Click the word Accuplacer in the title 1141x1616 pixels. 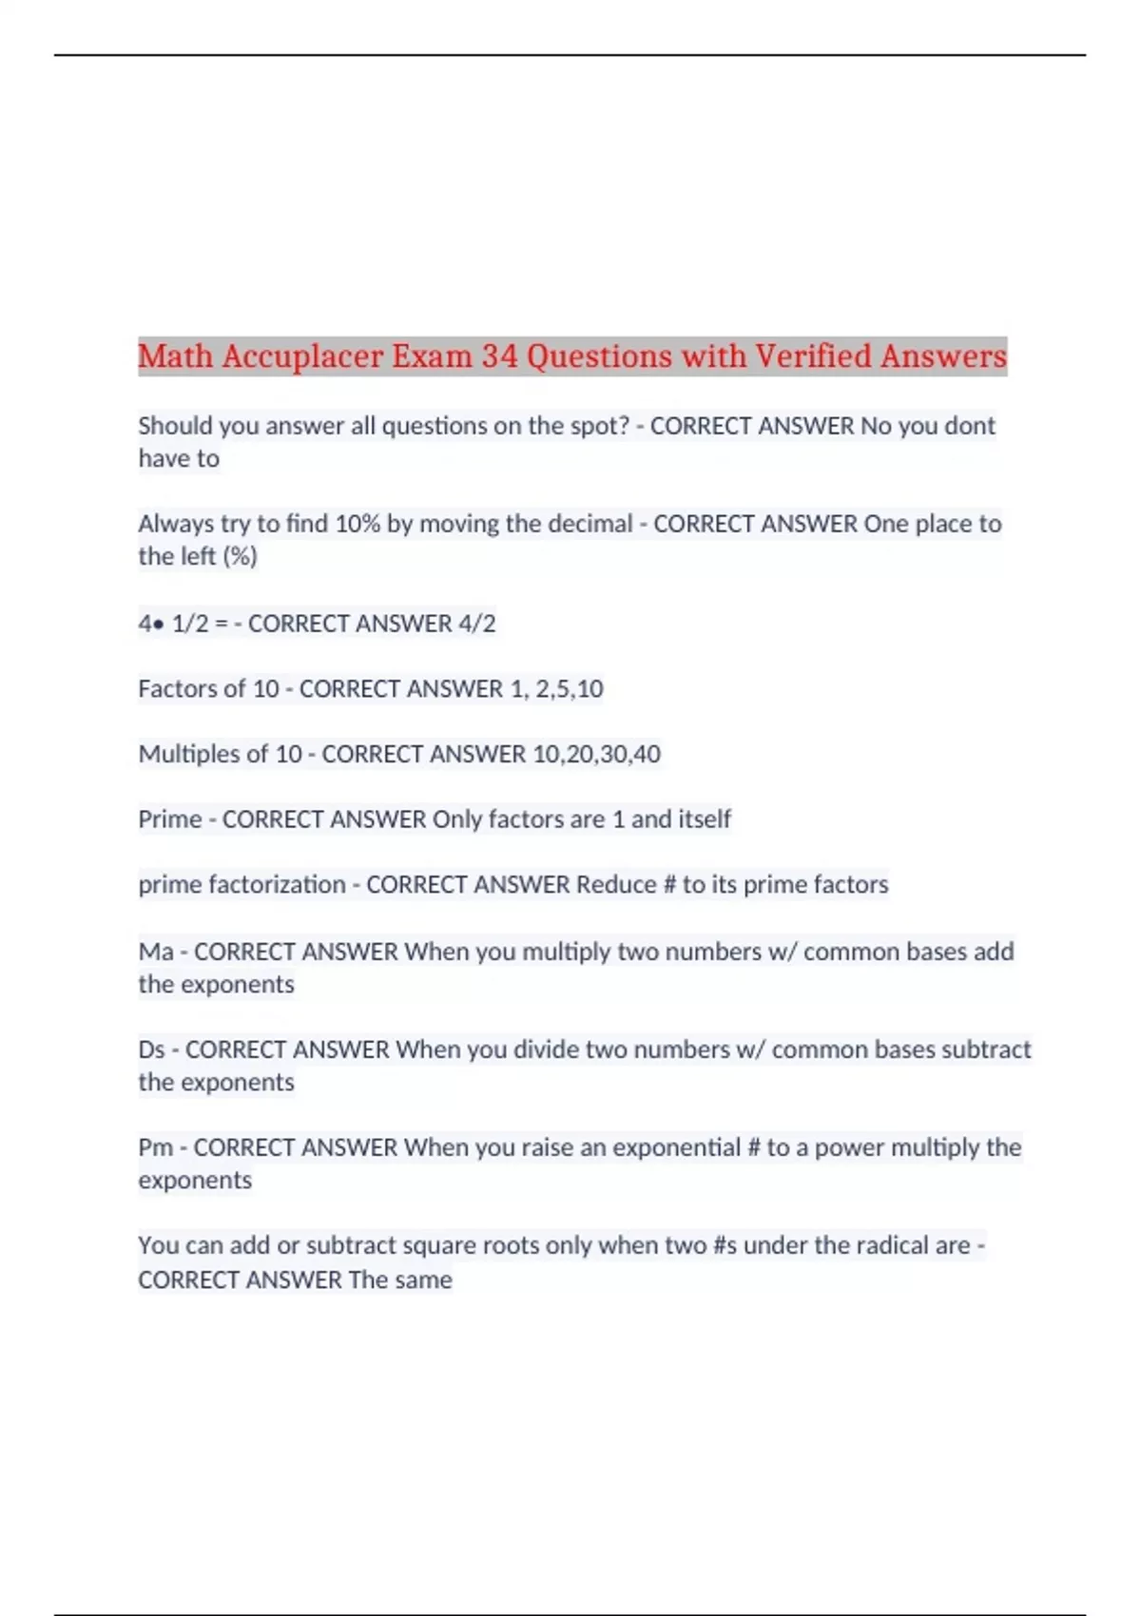[x=301, y=356]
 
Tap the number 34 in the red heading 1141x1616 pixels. [x=499, y=356]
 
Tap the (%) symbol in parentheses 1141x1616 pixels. [x=240, y=556]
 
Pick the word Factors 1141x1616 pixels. [x=171, y=688]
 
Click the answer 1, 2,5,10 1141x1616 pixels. [x=556, y=688]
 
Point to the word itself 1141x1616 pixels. [x=705, y=819]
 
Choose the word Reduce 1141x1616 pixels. [x=616, y=885]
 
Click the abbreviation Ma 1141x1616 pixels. [x=156, y=952]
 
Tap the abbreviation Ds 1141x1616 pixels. [x=151, y=1049]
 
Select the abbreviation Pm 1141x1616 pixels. [x=156, y=1147]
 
